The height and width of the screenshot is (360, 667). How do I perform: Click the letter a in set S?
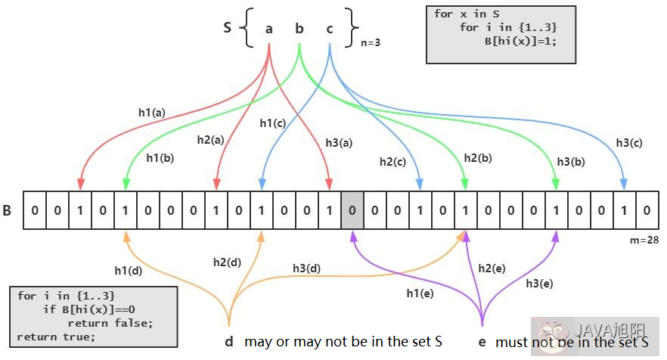(269, 29)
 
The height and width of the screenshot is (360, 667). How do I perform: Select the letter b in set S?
(299, 29)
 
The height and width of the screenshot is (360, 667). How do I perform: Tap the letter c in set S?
(330, 29)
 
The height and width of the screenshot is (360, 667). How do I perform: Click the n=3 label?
(370, 43)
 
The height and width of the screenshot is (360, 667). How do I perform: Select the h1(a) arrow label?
(152, 112)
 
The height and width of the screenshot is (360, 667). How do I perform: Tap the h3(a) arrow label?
(339, 142)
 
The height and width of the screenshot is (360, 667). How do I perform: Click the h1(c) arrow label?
(273, 123)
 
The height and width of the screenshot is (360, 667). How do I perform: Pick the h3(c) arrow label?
(629, 142)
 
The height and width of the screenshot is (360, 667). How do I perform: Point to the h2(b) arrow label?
(478, 157)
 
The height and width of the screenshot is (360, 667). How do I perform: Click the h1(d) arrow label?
(129, 270)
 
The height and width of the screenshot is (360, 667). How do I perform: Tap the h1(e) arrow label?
(421, 293)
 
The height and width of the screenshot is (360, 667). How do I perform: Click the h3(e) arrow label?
(539, 284)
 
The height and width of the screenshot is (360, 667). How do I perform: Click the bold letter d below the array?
(228, 341)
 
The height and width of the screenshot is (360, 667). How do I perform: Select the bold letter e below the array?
(482, 342)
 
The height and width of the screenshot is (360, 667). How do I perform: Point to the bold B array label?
(7, 209)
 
